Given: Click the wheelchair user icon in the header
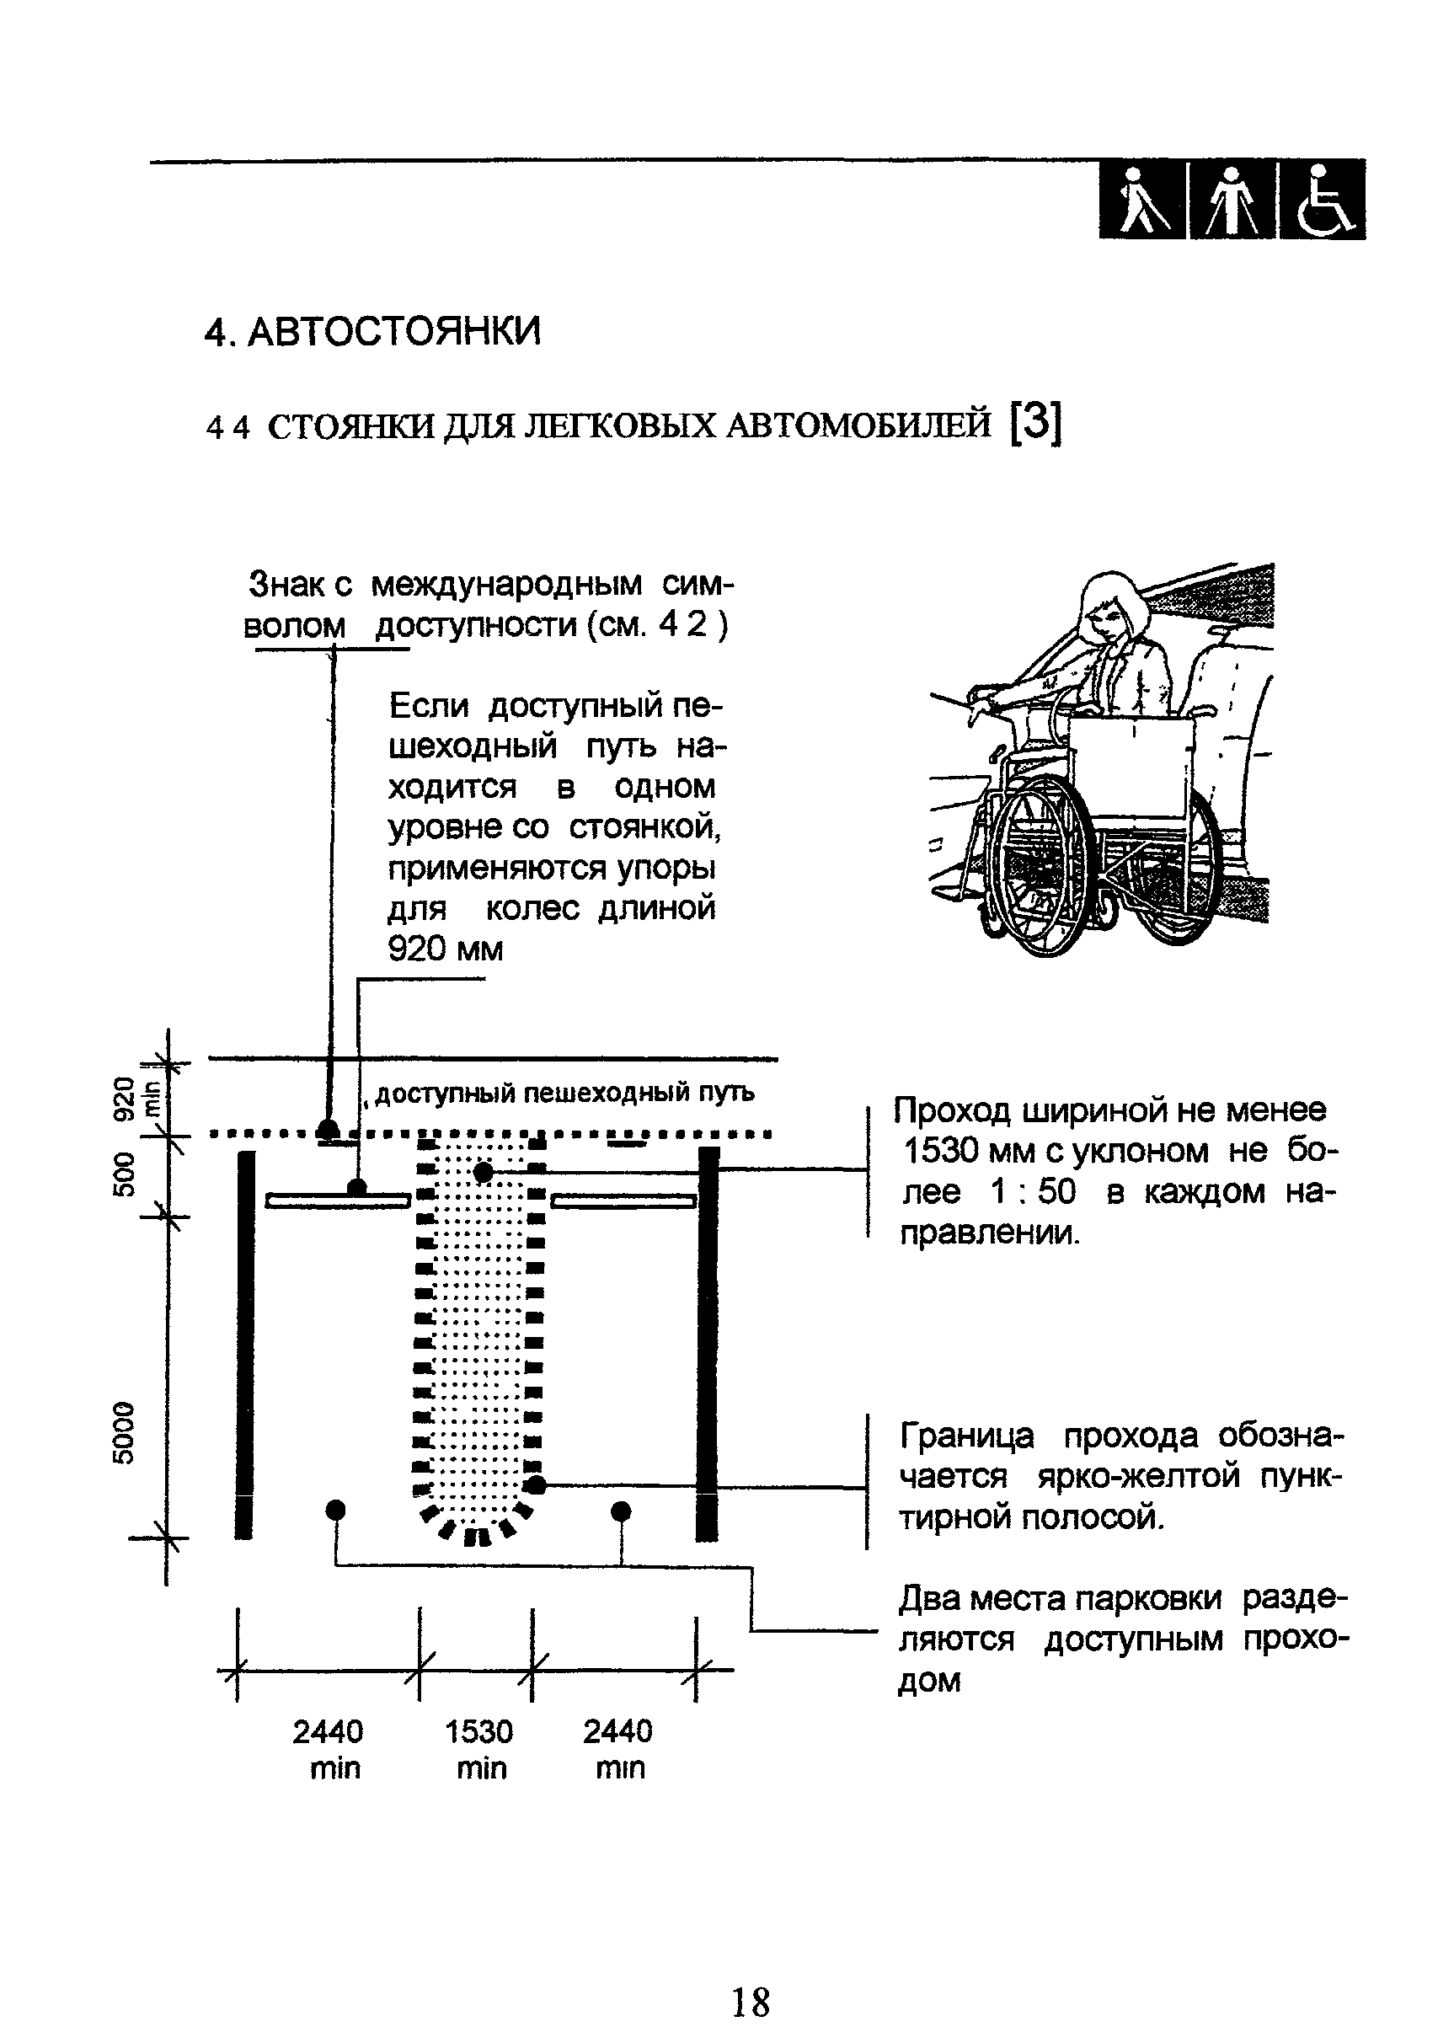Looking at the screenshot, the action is pos(1323,201).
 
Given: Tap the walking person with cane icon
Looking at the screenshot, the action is pos(1143,201).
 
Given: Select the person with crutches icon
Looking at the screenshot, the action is pos(1232,201).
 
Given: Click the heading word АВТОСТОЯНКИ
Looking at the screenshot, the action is pos(394,332).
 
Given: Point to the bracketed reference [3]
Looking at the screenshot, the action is pos(1035,424).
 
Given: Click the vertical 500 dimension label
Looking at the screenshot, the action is pos(125,1174).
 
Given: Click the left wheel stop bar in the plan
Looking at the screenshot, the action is pos(338,1201).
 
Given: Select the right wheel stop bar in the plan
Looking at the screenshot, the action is pos(624,1201).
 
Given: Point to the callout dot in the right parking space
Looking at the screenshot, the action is pos(621,1511).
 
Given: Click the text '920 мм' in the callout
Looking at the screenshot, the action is pos(446,949).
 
